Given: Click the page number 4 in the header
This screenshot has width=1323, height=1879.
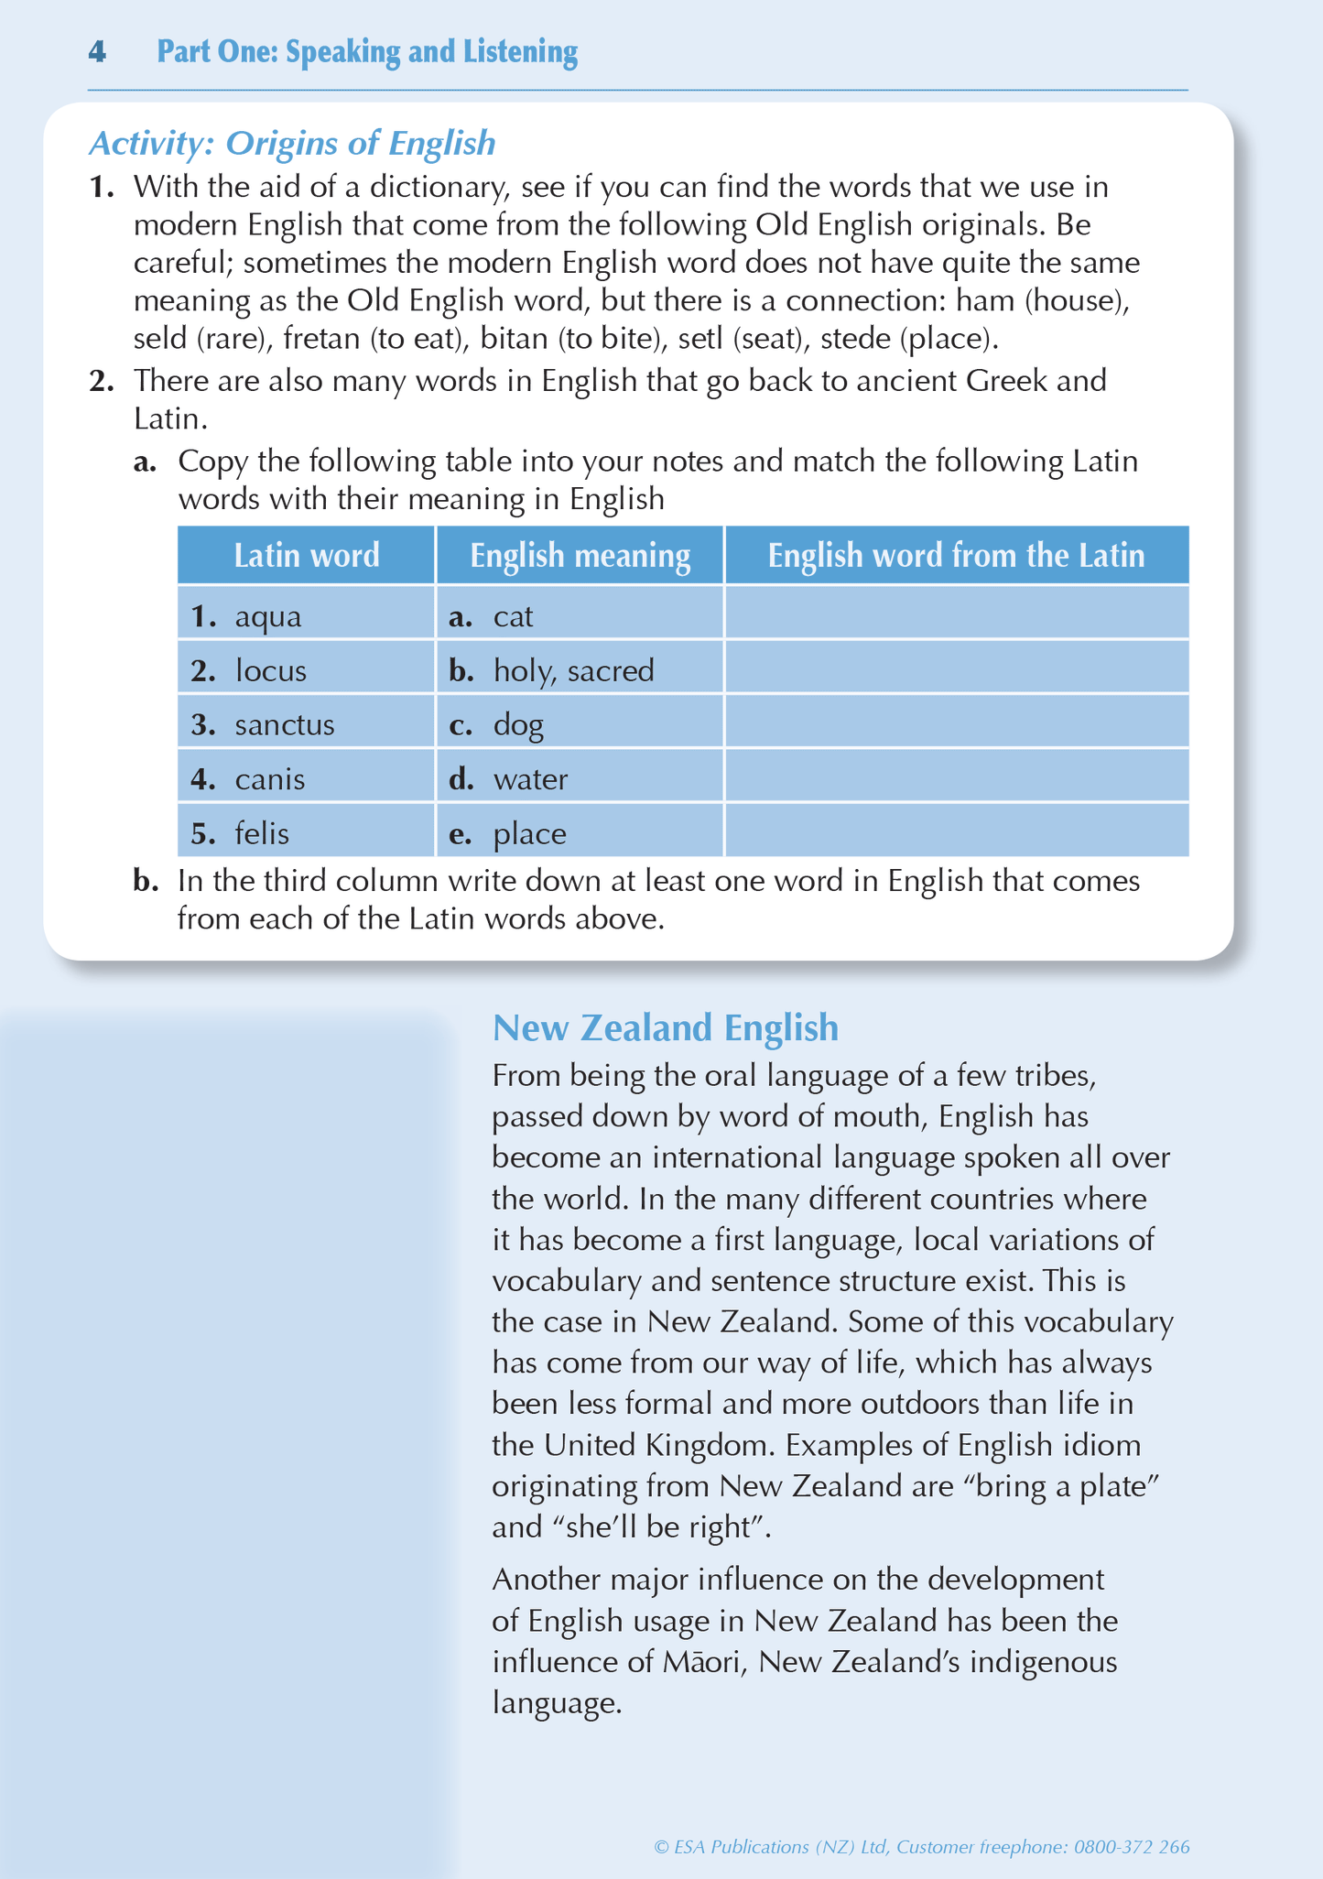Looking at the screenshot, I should tap(97, 52).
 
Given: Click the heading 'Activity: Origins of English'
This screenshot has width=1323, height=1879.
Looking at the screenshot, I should tap(292, 143).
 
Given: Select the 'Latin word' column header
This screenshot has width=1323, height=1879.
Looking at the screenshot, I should tap(306, 556).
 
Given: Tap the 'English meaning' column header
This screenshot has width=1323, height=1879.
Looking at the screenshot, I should tap(580, 556).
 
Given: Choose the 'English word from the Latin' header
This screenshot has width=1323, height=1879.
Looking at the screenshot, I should tap(956, 556).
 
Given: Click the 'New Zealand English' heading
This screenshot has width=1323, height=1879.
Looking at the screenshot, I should tap(665, 1027).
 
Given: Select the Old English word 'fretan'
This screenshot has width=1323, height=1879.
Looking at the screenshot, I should tap(321, 339).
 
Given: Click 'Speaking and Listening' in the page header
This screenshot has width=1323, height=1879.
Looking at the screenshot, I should tap(431, 52).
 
